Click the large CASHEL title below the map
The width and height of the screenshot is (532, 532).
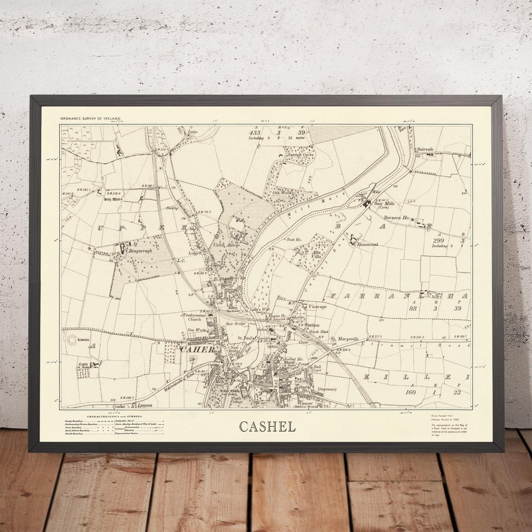[x=268, y=427]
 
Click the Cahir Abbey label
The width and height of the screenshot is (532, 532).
[x=226, y=245]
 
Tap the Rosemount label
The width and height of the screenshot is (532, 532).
[x=367, y=245]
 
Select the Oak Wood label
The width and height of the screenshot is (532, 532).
[x=282, y=192]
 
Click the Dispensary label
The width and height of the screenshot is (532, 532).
[x=328, y=389]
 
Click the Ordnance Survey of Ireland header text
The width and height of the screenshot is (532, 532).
[x=90, y=119]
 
